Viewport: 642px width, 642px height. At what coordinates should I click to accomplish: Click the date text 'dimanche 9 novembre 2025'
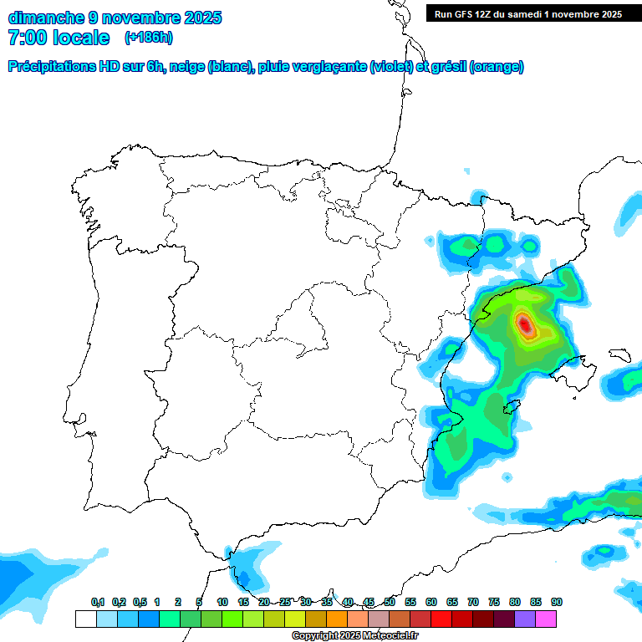(x=115, y=18)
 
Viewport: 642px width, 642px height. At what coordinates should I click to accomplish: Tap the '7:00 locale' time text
(x=59, y=38)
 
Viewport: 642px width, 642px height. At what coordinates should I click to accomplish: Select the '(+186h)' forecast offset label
(x=149, y=38)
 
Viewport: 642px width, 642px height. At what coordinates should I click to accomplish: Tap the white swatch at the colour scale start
(x=85, y=619)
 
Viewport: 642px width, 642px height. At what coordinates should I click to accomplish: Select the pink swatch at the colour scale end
(x=547, y=619)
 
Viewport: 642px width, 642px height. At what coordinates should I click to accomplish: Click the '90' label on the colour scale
(x=557, y=602)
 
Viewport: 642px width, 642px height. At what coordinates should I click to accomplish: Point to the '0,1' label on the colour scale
(x=98, y=602)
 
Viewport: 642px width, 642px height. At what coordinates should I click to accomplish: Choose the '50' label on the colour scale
(x=390, y=602)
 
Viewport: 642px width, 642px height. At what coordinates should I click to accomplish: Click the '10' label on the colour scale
(x=222, y=602)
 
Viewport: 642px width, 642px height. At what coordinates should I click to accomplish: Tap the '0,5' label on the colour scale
(x=140, y=602)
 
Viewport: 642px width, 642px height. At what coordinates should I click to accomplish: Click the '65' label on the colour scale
(x=452, y=602)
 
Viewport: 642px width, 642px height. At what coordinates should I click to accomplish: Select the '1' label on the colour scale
(x=157, y=602)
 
